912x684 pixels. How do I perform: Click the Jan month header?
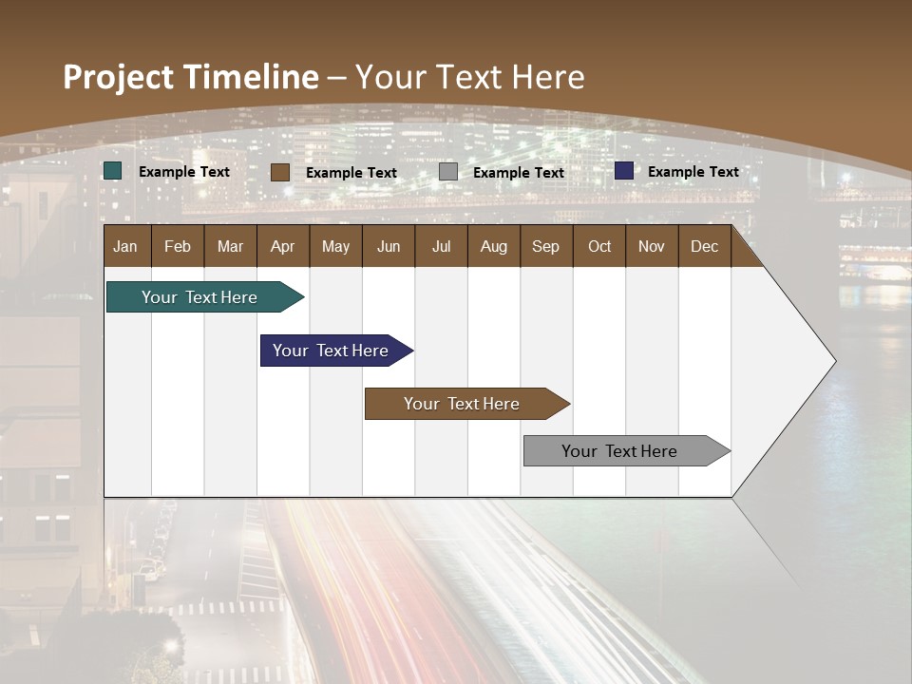point(125,246)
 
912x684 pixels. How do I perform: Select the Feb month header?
point(178,246)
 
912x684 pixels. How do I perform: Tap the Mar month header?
point(230,246)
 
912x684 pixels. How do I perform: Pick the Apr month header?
point(282,246)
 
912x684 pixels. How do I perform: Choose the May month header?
point(335,246)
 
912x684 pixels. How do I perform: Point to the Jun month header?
point(389,246)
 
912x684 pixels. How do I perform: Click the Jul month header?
point(441,246)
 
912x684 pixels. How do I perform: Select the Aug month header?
point(493,246)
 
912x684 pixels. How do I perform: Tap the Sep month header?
point(545,246)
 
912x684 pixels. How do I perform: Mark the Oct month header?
point(599,246)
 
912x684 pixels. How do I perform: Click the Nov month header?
point(652,246)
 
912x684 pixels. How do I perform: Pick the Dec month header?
point(704,246)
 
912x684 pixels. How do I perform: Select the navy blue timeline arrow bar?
point(332,351)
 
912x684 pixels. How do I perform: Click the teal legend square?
point(113,171)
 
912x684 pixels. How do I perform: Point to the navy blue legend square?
point(624,171)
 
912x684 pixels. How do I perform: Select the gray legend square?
point(448,172)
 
